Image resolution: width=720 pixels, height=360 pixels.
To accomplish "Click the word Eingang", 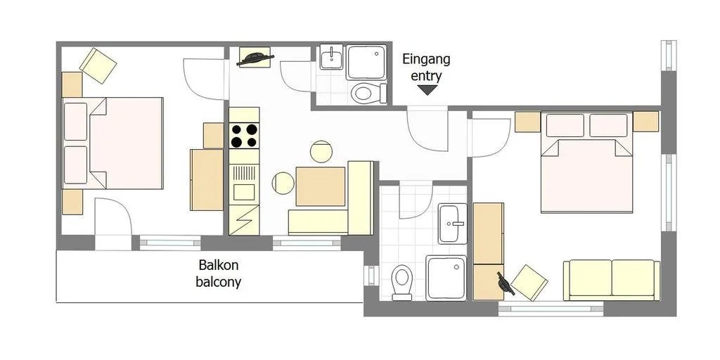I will [x=427, y=59].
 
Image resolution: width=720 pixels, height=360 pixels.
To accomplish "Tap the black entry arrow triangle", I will [x=427, y=90].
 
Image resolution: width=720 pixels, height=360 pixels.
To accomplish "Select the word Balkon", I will [x=219, y=266].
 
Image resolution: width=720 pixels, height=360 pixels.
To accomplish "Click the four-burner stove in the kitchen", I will [x=244, y=135].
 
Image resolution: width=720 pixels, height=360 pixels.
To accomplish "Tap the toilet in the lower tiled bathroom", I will [x=402, y=283].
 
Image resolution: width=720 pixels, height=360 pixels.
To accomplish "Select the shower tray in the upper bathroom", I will [x=366, y=63].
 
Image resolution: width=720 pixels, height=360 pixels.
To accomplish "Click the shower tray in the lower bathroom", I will [x=446, y=278].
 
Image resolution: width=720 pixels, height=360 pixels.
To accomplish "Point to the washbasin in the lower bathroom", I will [x=451, y=223].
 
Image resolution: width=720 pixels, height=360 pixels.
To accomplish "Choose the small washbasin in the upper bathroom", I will [x=330, y=58].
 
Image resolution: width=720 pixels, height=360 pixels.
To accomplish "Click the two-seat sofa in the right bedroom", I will [x=611, y=279].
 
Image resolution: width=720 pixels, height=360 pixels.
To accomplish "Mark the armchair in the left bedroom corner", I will [x=98, y=64].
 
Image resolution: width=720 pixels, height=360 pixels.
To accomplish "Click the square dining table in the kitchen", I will [x=321, y=186].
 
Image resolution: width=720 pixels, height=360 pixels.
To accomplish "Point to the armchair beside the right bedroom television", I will [x=529, y=281].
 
